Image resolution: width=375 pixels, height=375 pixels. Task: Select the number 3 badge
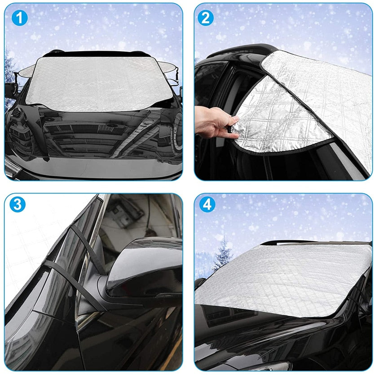(x=18, y=205)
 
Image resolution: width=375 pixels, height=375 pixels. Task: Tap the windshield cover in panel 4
(x=283, y=278)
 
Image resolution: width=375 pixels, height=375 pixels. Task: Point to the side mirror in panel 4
(x=200, y=284)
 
